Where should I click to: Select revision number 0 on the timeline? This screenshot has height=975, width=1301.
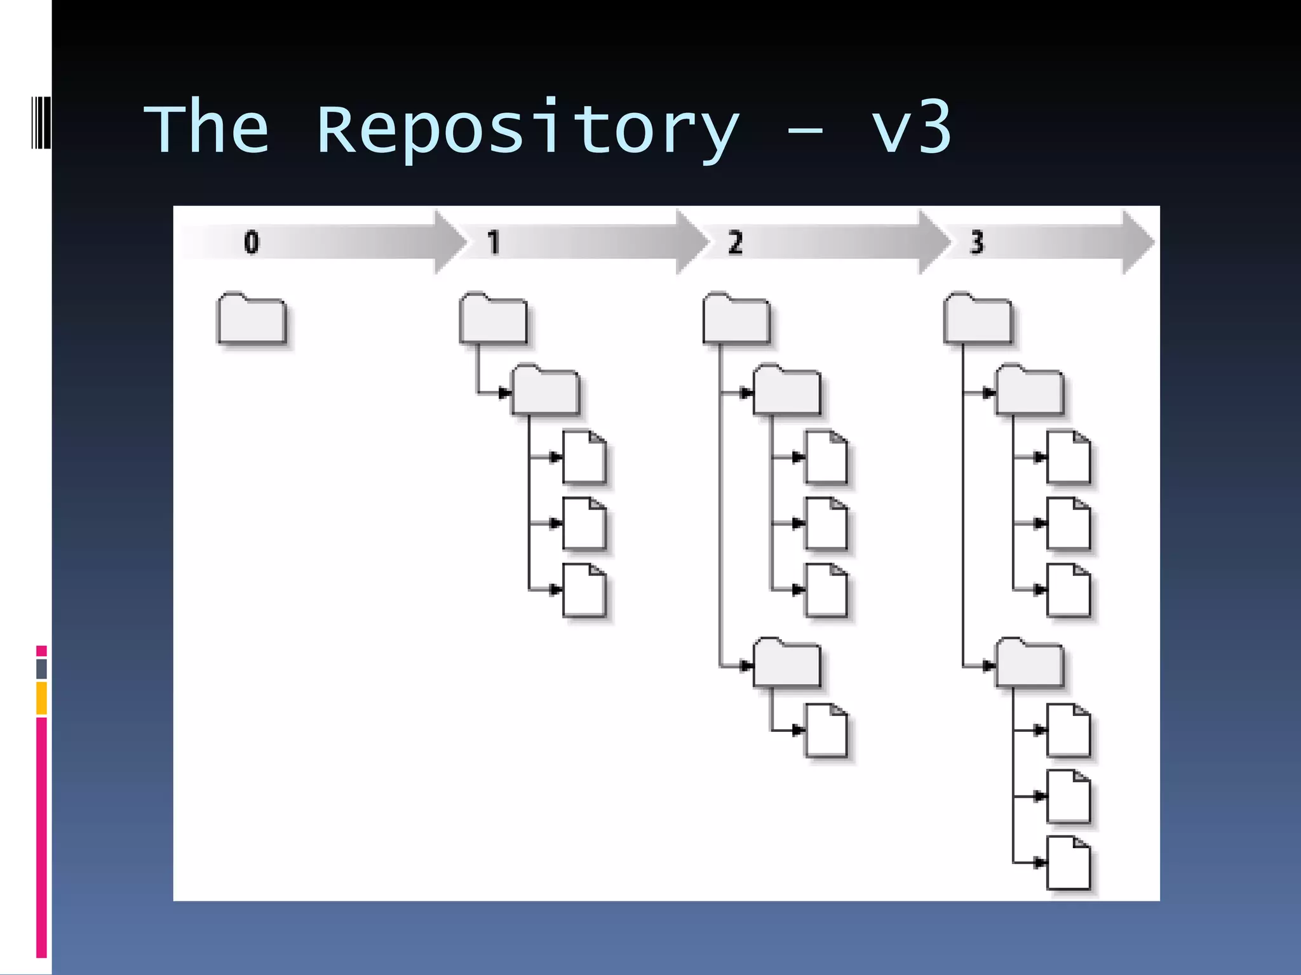pyautogui.click(x=252, y=242)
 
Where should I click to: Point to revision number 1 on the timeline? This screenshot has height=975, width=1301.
pyautogui.click(x=494, y=242)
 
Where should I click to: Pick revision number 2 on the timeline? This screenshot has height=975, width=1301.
pyautogui.click(x=735, y=242)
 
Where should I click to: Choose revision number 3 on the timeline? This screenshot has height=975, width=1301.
pyautogui.click(x=977, y=242)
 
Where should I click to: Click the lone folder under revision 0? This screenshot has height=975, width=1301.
pyautogui.click(x=252, y=319)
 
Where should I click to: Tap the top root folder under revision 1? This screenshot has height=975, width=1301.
pyautogui.click(x=494, y=319)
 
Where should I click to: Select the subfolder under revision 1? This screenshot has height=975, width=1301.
pyautogui.click(x=546, y=391)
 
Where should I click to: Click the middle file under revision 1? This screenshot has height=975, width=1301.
pyautogui.click(x=584, y=524)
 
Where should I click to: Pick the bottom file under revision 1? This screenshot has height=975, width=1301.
pyautogui.click(x=584, y=590)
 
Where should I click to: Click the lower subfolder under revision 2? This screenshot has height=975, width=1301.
pyautogui.click(x=787, y=664)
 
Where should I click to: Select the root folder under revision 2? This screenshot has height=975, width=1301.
pyautogui.click(x=736, y=319)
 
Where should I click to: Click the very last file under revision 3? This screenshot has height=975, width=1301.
pyautogui.click(x=1068, y=863)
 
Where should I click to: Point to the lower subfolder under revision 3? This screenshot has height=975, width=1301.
pyautogui.click(x=1030, y=664)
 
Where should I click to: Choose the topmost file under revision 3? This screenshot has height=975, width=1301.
pyautogui.click(x=1068, y=458)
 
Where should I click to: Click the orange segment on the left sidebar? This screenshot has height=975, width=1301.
pyautogui.click(x=41, y=698)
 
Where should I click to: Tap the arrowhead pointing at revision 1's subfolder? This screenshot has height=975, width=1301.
pyautogui.click(x=505, y=393)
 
